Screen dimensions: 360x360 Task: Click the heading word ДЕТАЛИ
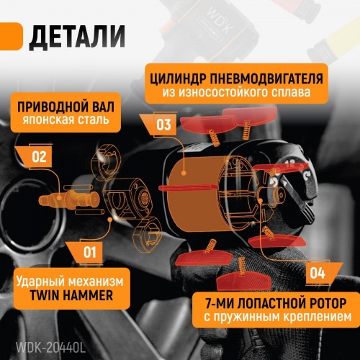pyautogui.click(x=77, y=37)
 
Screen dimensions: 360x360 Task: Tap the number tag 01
pyautogui.click(x=90, y=253)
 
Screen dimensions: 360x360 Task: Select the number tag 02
pyautogui.click(x=39, y=157)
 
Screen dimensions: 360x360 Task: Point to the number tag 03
pyautogui.click(x=163, y=125)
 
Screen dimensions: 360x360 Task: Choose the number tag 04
pyautogui.click(x=318, y=273)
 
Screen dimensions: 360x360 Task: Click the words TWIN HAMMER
pyautogui.click(x=71, y=295)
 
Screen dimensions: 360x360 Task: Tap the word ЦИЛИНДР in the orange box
pyautogui.click(x=179, y=79)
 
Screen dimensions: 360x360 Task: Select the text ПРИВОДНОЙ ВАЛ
pyautogui.click(x=66, y=107)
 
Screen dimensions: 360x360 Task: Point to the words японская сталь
pyautogui.click(x=66, y=120)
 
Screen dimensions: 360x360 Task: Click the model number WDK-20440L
pyautogui.click(x=50, y=347)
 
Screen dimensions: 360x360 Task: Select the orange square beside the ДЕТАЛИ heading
pyautogui.click(x=11, y=37)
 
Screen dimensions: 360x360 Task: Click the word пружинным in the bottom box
pyautogui.click(x=247, y=318)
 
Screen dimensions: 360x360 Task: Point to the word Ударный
pyautogui.click(x=39, y=282)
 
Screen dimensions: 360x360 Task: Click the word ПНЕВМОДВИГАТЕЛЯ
pyautogui.click(x=266, y=79)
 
